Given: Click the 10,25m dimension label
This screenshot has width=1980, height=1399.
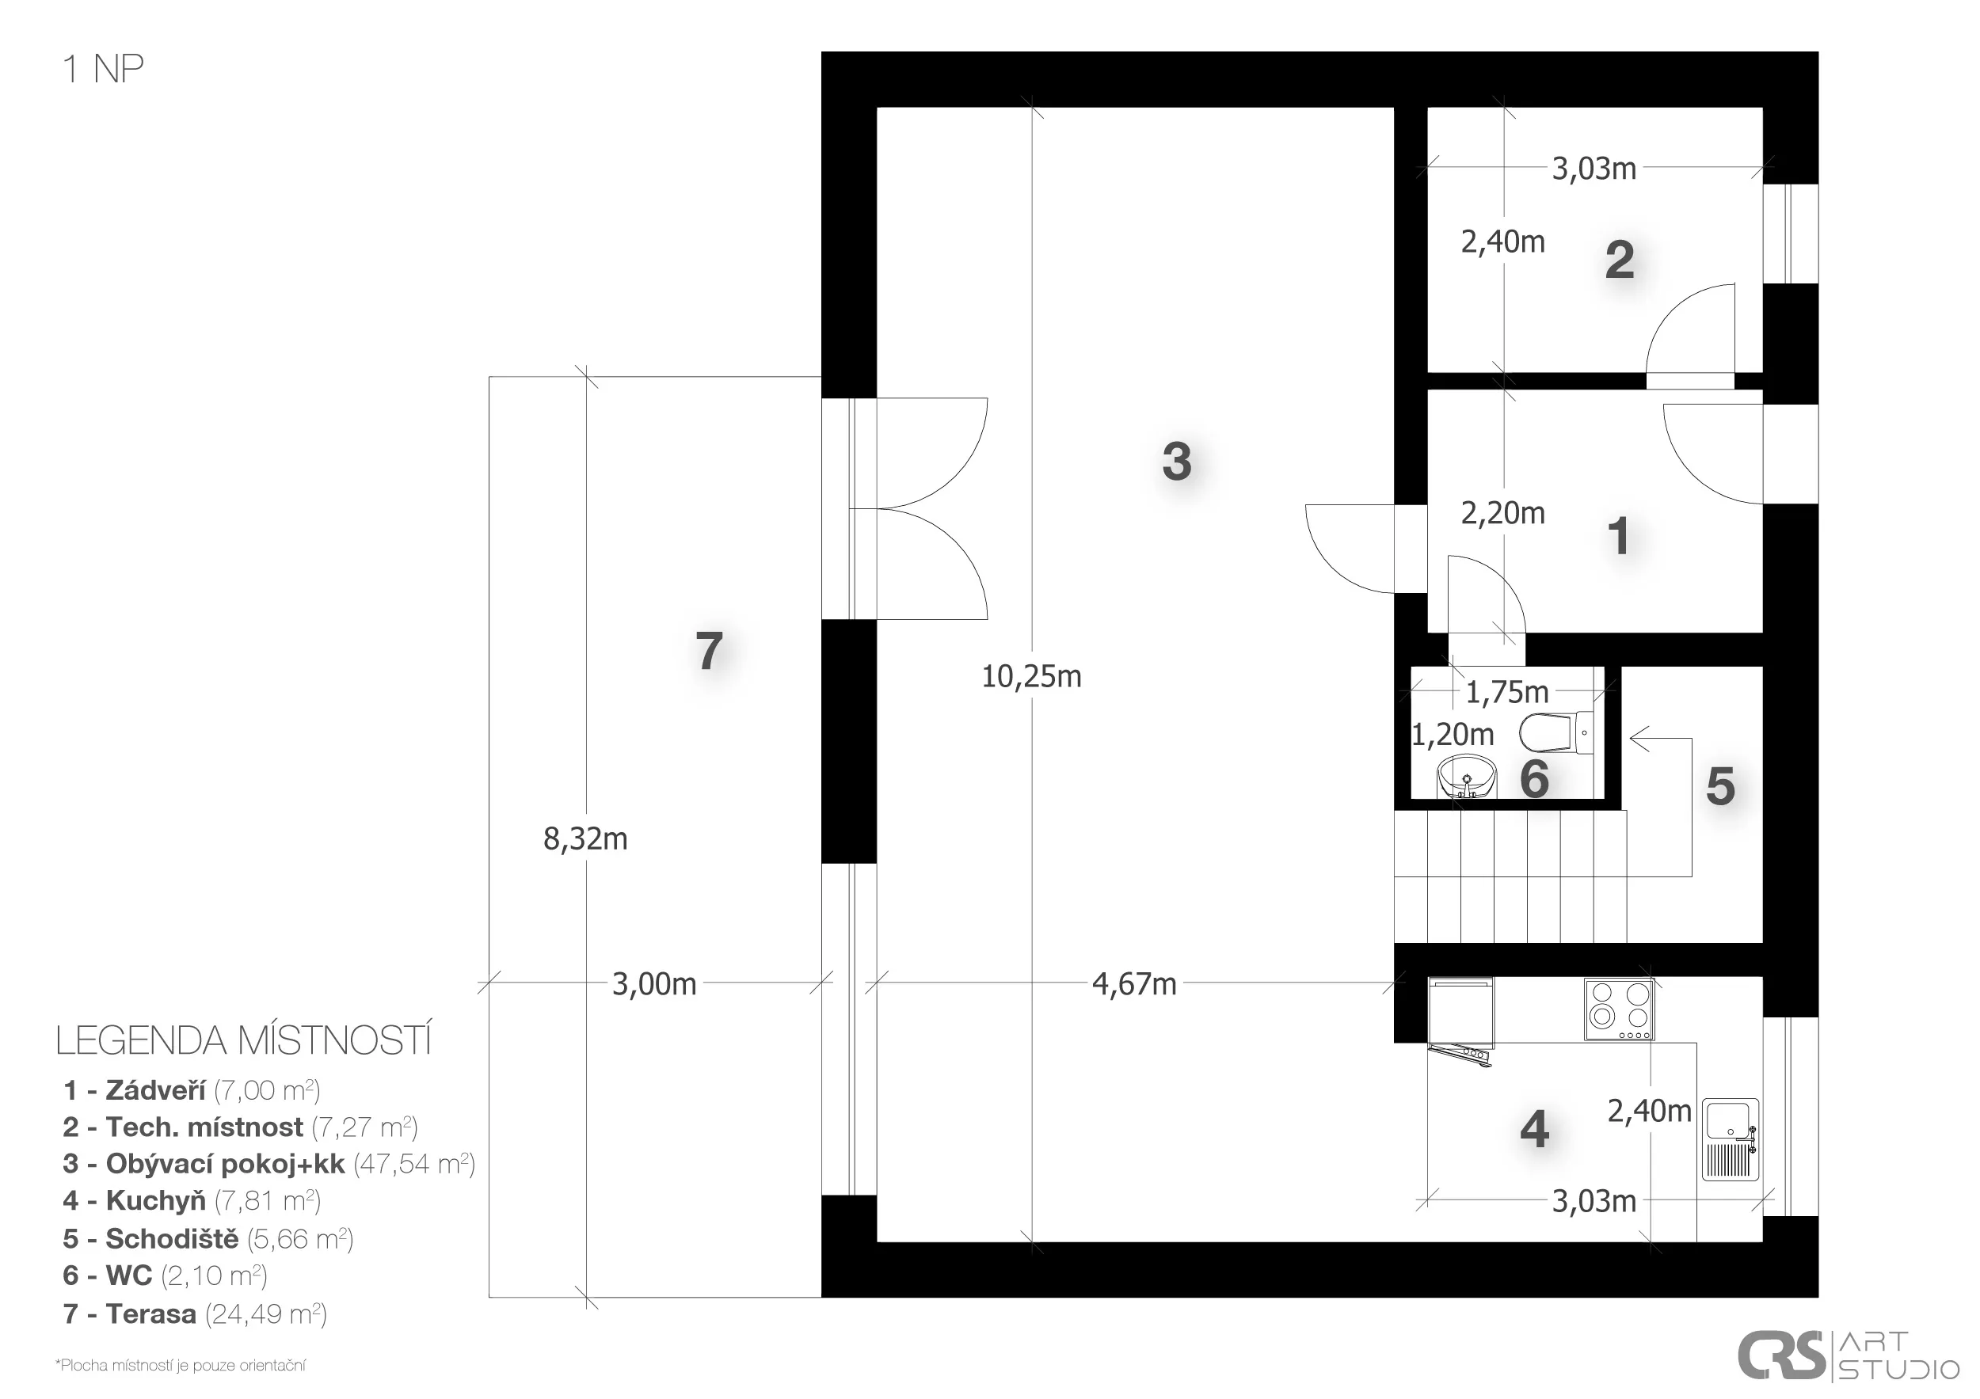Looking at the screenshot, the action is (1031, 677).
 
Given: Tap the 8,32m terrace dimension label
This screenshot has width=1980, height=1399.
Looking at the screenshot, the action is (585, 838).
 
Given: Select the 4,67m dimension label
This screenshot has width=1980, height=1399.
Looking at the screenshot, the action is (1134, 983).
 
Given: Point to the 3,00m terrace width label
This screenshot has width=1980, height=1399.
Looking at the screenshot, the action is (653, 983).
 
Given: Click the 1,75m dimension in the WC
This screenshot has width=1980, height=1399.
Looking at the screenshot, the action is (1507, 691).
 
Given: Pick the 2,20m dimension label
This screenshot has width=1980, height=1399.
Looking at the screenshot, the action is (1502, 513).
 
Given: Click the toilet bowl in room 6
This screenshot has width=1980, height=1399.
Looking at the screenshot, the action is (1556, 732).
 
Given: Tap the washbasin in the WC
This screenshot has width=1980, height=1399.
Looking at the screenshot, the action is (1467, 777).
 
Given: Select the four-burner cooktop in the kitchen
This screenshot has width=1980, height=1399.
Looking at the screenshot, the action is (1620, 1009).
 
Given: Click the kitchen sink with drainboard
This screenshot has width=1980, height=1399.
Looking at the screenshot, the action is (1731, 1139).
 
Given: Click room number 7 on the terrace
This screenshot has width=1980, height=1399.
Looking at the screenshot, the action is (709, 651).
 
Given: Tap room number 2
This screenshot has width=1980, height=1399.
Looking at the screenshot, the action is (1620, 260).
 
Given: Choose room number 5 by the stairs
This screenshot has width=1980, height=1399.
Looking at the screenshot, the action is (1720, 786).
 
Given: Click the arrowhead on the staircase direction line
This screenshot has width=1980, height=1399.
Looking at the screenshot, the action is (1639, 739).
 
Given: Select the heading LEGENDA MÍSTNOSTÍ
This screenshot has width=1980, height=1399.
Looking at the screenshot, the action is (243, 1041).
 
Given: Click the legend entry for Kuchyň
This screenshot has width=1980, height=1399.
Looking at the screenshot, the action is (192, 1201).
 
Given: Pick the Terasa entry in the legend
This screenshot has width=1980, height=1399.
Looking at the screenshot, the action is (195, 1314).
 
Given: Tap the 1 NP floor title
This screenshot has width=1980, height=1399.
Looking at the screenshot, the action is (103, 69).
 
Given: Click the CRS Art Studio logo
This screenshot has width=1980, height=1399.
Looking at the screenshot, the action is (1847, 1356).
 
